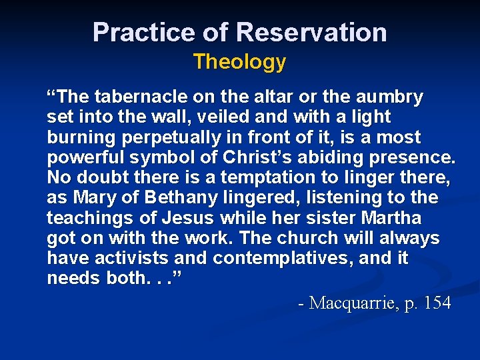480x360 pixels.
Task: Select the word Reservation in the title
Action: [311, 32]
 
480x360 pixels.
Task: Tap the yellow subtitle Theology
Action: [239, 62]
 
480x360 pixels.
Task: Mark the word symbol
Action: [165, 157]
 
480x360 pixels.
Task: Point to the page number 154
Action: [437, 303]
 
